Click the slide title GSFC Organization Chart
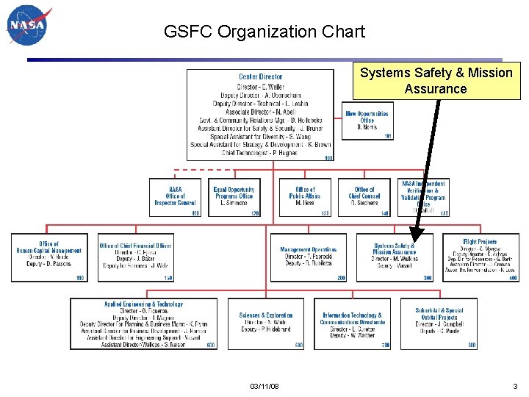[264, 32]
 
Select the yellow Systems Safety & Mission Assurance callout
[436, 81]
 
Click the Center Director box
[260, 115]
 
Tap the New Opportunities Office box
[367, 121]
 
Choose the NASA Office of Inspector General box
[175, 197]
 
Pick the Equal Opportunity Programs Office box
[234, 197]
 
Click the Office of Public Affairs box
[305, 197]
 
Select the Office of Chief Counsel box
[364, 197]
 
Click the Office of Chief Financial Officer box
[136, 257]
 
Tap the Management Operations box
[309, 257]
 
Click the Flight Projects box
[481, 257]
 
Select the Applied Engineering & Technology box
[144, 323]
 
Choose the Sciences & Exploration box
[266, 323]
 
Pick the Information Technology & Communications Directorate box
[353, 323]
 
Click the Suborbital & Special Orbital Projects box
[439, 323]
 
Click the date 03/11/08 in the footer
[264, 386]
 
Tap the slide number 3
[515, 386]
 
